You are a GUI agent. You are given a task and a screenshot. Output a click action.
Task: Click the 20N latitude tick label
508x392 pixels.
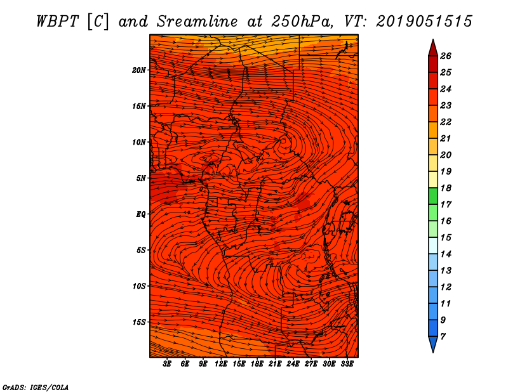tap(139, 70)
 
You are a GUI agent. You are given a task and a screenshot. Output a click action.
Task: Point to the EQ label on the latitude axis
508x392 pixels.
tap(140, 214)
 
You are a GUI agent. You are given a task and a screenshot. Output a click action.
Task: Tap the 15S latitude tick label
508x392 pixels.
tap(139, 322)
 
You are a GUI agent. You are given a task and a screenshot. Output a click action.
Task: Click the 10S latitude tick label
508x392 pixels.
tap(139, 286)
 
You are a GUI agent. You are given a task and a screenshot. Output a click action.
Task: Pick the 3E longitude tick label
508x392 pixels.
tap(168, 364)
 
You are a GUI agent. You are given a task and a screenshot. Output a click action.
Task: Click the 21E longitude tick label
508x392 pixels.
tap(275, 364)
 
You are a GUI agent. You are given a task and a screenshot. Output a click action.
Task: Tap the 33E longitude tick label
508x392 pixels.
tap(347, 364)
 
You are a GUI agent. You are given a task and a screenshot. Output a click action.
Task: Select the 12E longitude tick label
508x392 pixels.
tap(221, 364)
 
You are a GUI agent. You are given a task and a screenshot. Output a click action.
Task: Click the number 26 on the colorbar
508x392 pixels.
tap(445, 56)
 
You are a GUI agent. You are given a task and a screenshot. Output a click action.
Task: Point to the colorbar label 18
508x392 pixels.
tap(445, 188)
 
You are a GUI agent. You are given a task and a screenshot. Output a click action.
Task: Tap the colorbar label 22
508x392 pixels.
tap(445, 122)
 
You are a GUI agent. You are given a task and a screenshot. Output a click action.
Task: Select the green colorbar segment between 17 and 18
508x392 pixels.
tap(432, 196)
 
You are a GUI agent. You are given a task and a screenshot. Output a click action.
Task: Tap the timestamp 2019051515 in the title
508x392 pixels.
tap(424, 21)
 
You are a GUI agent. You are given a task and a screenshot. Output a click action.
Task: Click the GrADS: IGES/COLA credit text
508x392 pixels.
tap(35, 386)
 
